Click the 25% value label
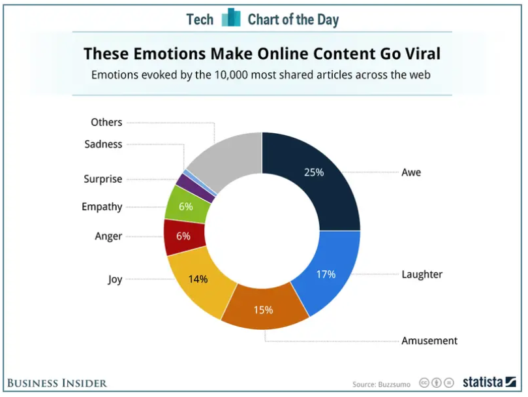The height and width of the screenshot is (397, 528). point(314,172)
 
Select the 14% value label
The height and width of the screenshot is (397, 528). point(198,279)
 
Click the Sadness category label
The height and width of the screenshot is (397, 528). point(103,144)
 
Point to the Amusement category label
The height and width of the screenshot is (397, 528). point(429,341)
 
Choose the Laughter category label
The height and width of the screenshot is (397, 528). point(422,274)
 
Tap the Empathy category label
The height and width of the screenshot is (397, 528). point(102,207)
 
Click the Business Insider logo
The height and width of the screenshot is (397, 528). point(57,382)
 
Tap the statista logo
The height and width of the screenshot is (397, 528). point(489,381)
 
